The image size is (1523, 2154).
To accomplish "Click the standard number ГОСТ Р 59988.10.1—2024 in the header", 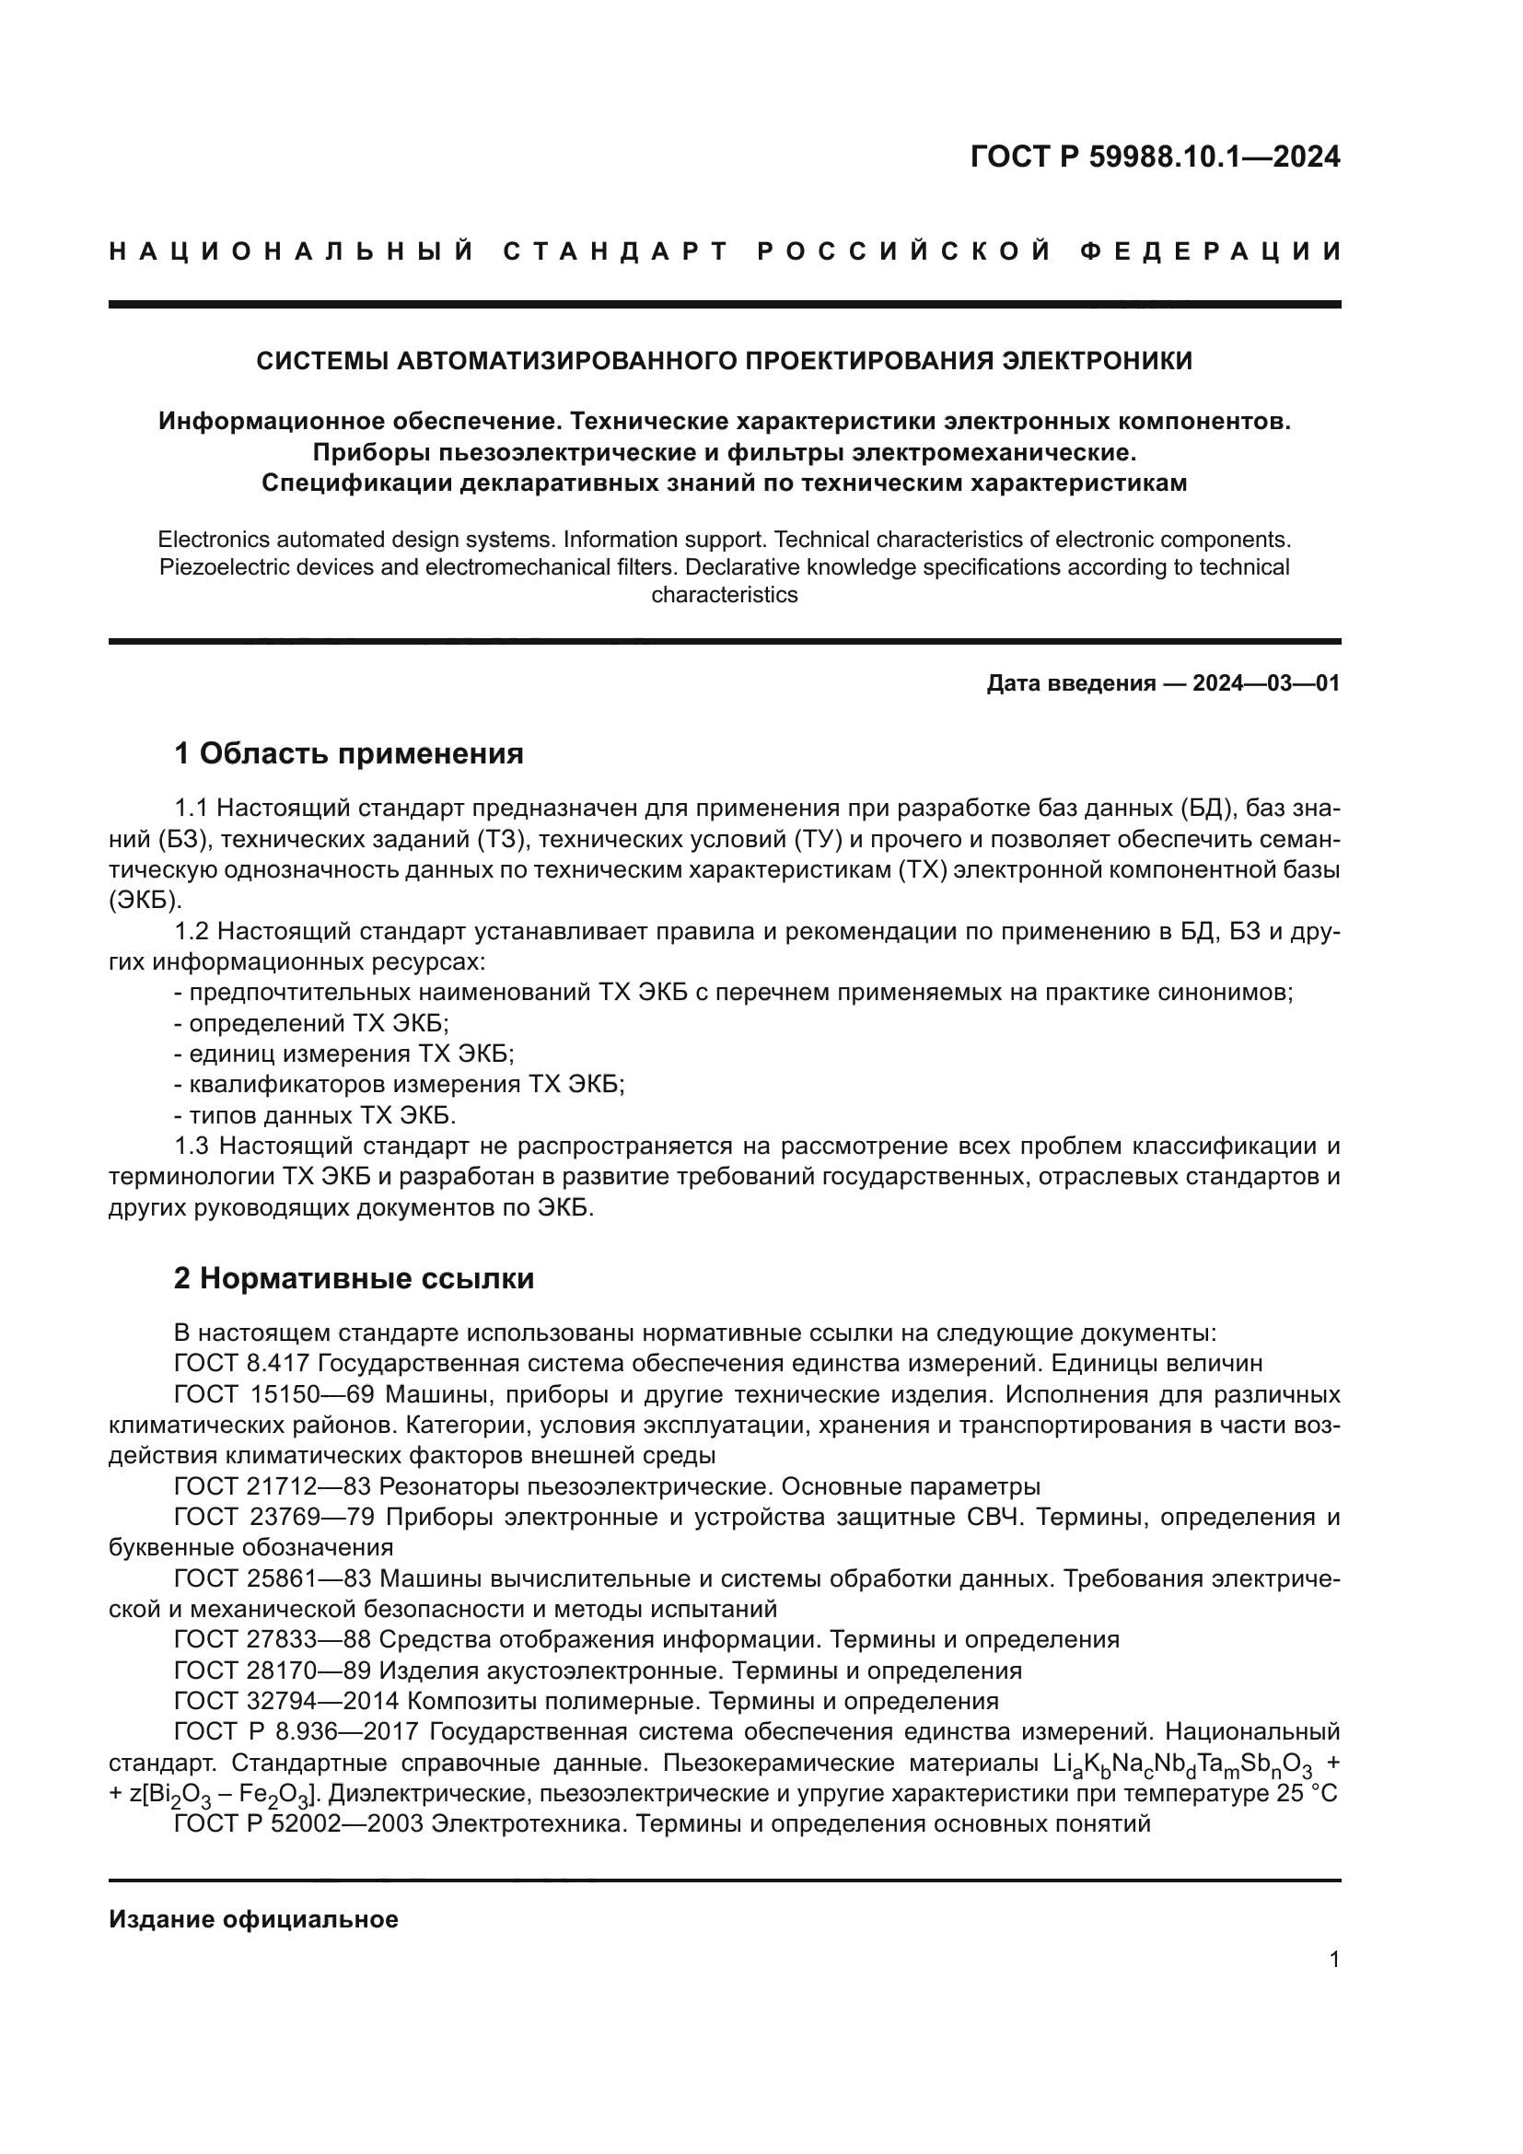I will click(1155, 157).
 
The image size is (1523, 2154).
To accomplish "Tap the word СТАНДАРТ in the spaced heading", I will click(616, 251).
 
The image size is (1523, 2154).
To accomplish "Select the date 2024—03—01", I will click(1266, 683).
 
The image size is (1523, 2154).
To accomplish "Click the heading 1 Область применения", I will click(348, 753).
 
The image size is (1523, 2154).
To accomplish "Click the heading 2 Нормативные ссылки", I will click(354, 1279).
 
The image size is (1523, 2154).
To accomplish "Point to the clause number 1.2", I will click(192, 933).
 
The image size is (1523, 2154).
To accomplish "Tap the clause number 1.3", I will click(192, 1147).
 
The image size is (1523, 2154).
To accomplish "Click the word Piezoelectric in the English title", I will click(219, 567).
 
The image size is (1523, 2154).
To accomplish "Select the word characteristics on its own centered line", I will click(724, 595).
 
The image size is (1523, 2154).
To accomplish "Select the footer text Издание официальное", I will click(253, 1919).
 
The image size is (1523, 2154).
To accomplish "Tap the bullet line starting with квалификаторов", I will click(399, 1086).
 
